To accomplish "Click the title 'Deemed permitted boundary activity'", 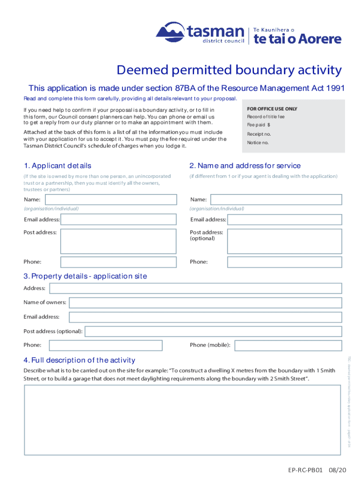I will click(229, 70).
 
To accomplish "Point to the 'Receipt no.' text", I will click(259, 134).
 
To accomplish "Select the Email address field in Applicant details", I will click(119, 219).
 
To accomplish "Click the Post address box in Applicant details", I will click(119, 240).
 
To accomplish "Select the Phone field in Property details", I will click(106, 345).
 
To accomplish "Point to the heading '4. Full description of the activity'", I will click(79, 360).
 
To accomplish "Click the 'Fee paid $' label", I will click(259, 125).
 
